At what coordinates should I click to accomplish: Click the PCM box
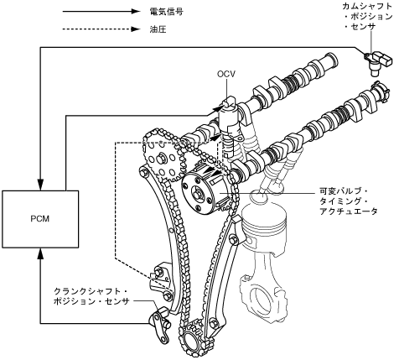tap(40, 219)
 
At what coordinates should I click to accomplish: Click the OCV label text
tap(226, 74)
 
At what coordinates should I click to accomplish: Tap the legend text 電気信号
tap(167, 12)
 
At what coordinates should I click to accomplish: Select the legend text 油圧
tap(158, 29)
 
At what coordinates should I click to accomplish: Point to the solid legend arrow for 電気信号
tap(101, 12)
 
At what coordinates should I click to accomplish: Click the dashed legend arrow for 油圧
tap(101, 29)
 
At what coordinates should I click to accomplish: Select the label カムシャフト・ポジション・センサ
tap(367, 16)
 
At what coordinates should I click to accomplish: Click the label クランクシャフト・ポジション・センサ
tap(91, 296)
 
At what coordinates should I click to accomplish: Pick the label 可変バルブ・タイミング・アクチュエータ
tap(348, 201)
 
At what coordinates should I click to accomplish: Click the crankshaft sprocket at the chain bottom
tap(193, 339)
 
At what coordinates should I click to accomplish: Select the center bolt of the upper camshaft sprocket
tap(162, 159)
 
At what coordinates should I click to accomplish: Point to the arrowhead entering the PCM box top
tap(40, 185)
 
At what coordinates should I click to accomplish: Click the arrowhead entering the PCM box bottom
tap(40, 253)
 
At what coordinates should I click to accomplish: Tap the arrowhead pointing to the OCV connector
tap(218, 107)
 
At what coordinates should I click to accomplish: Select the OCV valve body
tap(230, 123)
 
